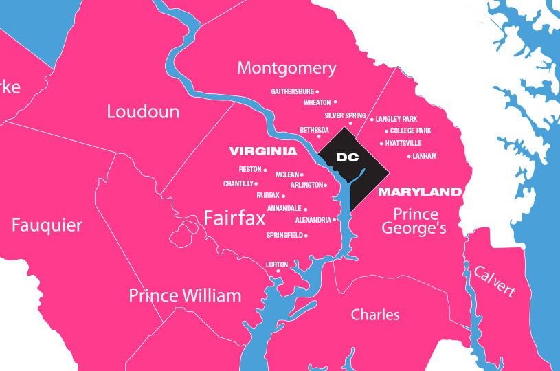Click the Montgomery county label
pyautogui.click(x=287, y=68)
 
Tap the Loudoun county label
pyautogui.click(x=143, y=112)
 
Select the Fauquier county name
pyautogui.click(x=47, y=225)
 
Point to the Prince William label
pyautogui.click(x=185, y=296)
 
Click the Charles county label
pyautogui.click(x=375, y=315)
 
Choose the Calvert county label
pyautogui.click(x=493, y=281)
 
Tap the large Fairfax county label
pyautogui.click(x=234, y=218)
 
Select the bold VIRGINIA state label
pyautogui.click(x=263, y=151)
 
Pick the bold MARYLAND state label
pyautogui.click(x=419, y=191)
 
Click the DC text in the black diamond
pyautogui.click(x=348, y=157)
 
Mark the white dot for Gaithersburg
pyautogui.click(x=317, y=91)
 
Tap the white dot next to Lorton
pyautogui.click(x=278, y=271)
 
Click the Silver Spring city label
pyautogui.click(x=345, y=116)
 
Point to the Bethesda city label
pyautogui.click(x=314, y=130)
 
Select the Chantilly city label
pyautogui.click(x=238, y=183)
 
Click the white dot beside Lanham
pyautogui.click(x=409, y=157)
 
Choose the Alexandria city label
pyautogui.click(x=313, y=220)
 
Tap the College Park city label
pyautogui.click(x=411, y=131)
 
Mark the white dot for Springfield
pyautogui.click(x=306, y=236)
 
